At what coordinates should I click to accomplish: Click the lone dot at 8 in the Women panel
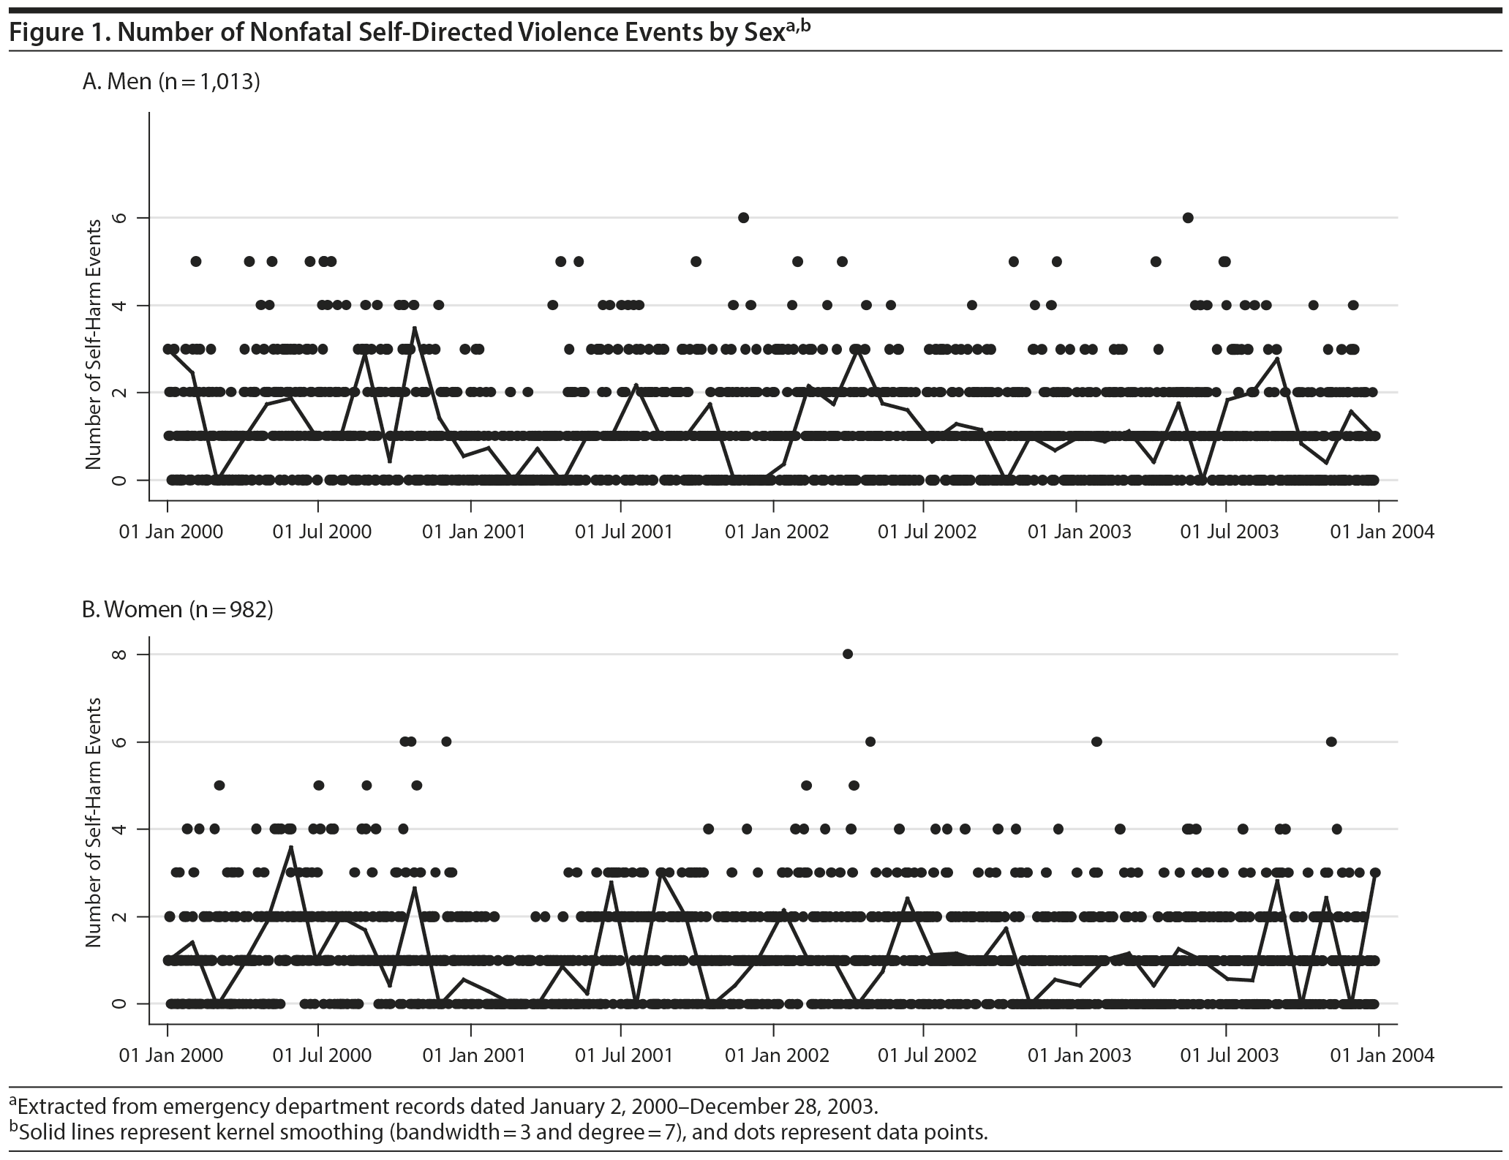848,654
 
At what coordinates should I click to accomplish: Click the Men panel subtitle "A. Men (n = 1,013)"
171,81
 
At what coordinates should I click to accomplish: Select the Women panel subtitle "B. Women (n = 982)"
177,609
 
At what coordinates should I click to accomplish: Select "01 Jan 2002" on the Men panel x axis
776,531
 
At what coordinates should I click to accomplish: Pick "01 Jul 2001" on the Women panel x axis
623,1055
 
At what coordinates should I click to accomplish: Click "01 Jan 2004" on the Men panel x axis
1382,531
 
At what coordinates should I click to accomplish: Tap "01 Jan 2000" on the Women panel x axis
170,1055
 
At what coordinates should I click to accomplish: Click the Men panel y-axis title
93,344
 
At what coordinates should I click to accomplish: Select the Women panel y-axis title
93,824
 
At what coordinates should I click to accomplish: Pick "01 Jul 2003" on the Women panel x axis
1230,1055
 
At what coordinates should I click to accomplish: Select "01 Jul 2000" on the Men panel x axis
322,531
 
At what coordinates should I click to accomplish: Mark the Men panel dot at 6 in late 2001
743,217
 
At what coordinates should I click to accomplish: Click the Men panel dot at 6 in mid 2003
1188,217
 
